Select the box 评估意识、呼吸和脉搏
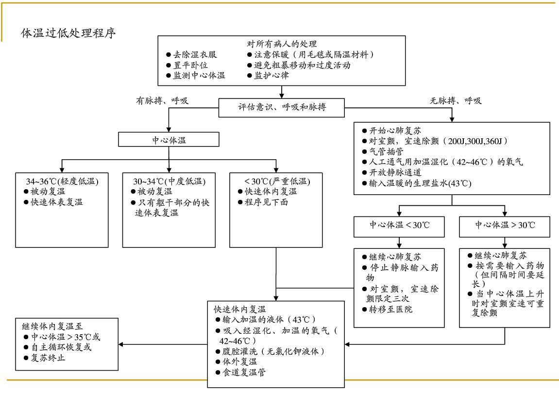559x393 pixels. (x=282, y=107)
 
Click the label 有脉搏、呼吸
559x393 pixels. (x=162, y=101)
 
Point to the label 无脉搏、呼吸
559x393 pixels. (x=455, y=101)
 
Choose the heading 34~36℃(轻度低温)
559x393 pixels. (x=62, y=181)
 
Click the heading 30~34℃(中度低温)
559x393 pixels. (x=169, y=181)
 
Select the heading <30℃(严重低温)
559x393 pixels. (x=276, y=181)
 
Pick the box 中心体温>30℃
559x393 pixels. (x=505, y=225)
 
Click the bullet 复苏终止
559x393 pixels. (x=48, y=358)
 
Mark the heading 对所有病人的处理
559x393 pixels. (x=282, y=44)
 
